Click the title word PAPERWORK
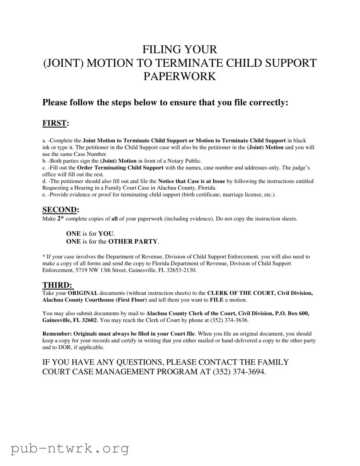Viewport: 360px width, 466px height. pos(180,76)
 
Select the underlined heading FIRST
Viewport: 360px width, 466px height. pos(54,123)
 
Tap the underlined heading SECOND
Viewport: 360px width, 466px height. pos(60,209)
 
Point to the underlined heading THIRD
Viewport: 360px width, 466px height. pos(57,285)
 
